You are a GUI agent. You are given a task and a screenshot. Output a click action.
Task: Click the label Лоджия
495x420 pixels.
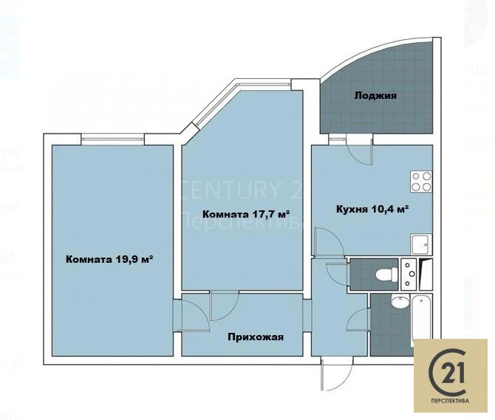click(x=375, y=96)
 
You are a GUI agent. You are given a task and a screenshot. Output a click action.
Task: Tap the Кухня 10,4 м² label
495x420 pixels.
click(x=372, y=210)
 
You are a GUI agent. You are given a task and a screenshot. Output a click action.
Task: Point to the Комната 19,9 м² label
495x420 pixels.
click(x=109, y=259)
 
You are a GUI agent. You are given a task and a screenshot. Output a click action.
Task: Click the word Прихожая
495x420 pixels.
click(x=256, y=337)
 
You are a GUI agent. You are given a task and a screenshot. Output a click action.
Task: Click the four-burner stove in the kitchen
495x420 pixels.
click(x=421, y=182)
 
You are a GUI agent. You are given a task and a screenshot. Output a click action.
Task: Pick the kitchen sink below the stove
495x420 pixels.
click(x=422, y=244)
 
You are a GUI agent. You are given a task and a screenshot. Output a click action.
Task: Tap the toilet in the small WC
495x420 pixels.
click(x=384, y=275)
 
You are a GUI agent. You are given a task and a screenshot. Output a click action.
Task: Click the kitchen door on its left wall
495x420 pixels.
click(x=324, y=244)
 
